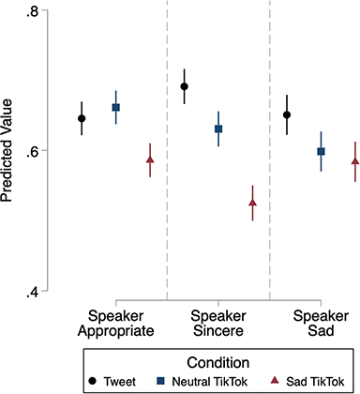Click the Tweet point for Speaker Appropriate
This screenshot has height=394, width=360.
(x=82, y=118)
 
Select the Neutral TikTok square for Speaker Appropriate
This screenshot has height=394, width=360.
(x=116, y=108)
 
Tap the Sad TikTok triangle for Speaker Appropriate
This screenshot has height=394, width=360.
(x=150, y=160)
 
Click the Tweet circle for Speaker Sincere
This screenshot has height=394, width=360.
(x=185, y=86)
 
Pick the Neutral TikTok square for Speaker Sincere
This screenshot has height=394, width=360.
(x=218, y=129)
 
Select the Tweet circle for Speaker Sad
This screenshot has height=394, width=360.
(x=287, y=114)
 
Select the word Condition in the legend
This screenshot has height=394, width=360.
(x=217, y=361)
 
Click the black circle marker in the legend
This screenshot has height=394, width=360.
(x=94, y=381)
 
